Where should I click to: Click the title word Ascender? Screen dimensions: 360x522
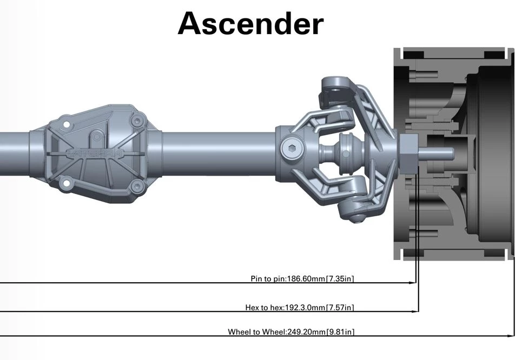coord(250,24)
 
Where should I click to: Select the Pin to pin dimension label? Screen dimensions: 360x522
coord(302,279)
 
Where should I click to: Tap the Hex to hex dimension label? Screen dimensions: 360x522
coord(300,308)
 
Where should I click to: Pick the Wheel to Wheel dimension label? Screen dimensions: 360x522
coord(291,332)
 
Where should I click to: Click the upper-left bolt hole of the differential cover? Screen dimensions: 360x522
coord(67,125)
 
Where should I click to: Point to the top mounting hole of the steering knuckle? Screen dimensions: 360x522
coord(336,85)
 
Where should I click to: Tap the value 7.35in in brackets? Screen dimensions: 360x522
coord(340,279)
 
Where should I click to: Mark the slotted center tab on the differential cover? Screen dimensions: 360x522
coord(95,136)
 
